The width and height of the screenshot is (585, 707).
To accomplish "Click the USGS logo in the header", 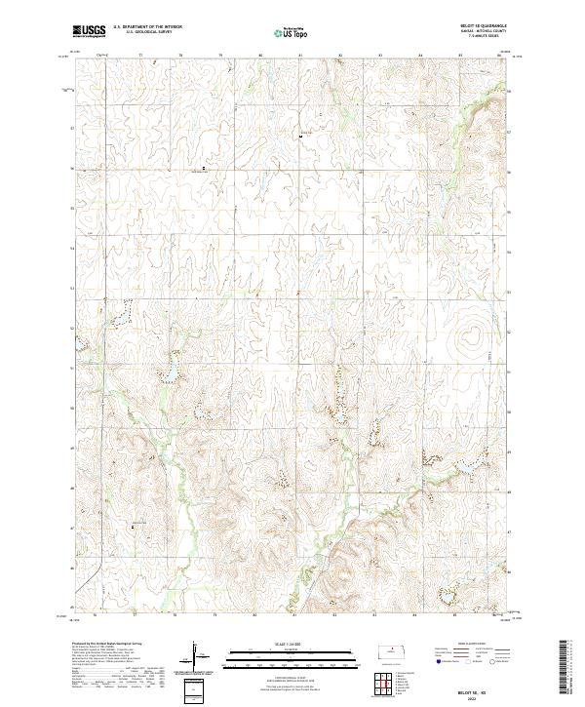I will [x=89, y=31].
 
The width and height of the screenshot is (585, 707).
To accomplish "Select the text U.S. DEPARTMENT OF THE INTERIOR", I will [x=147, y=26].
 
